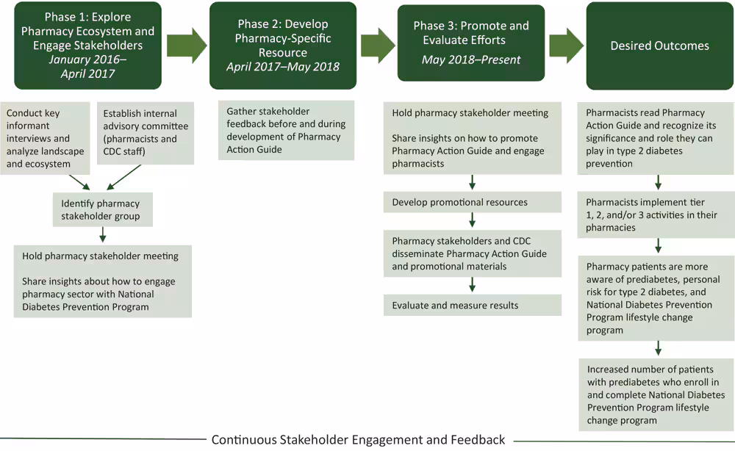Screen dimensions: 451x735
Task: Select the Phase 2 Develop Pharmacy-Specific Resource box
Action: [x=283, y=46]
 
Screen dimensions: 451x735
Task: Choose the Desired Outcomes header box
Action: [x=659, y=46]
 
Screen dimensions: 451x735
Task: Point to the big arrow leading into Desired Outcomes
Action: [x=566, y=46]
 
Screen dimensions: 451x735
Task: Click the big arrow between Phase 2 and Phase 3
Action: [x=377, y=46]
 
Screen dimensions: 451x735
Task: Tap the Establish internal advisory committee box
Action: [x=145, y=132]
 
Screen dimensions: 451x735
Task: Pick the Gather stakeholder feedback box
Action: [x=286, y=130]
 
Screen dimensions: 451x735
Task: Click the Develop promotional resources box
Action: [x=472, y=202]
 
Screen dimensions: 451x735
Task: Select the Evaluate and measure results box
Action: [x=472, y=305]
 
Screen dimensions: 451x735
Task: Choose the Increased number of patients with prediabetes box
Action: [x=656, y=394]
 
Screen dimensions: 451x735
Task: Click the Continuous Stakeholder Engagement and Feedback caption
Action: [x=358, y=440]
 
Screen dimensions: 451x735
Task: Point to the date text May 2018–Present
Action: [x=471, y=59]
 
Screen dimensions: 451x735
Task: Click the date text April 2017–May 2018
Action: [x=283, y=67]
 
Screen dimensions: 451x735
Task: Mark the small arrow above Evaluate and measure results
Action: [x=472, y=284]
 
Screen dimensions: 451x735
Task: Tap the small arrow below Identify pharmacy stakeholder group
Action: [x=103, y=234]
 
